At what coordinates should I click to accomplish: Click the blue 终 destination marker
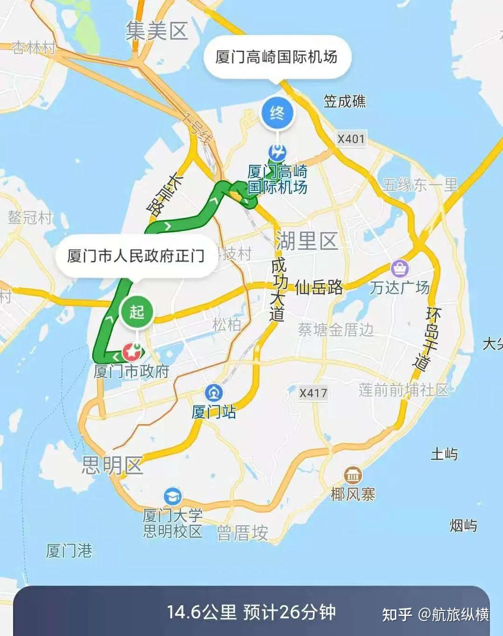(277, 113)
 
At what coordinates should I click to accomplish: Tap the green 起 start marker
(136, 311)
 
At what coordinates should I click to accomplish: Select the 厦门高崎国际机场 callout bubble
(277, 57)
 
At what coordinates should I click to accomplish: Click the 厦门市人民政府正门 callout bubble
(136, 256)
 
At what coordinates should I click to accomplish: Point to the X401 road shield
(351, 139)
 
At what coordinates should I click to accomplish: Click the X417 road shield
(313, 393)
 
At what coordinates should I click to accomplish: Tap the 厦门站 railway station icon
(213, 393)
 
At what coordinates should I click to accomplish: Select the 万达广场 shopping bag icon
(400, 268)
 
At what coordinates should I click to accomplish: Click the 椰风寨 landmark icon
(353, 475)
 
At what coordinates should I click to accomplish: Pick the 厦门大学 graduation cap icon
(172, 496)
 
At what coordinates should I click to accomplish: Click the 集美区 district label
(156, 32)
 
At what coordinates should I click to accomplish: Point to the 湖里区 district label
(306, 241)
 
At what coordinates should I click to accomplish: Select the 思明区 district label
(112, 465)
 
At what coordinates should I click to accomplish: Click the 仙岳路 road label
(319, 288)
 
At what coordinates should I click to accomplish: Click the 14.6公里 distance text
(202, 612)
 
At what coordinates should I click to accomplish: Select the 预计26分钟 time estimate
(289, 612)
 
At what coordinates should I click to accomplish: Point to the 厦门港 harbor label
(69, 551)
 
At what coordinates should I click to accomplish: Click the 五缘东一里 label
(420, 185)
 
